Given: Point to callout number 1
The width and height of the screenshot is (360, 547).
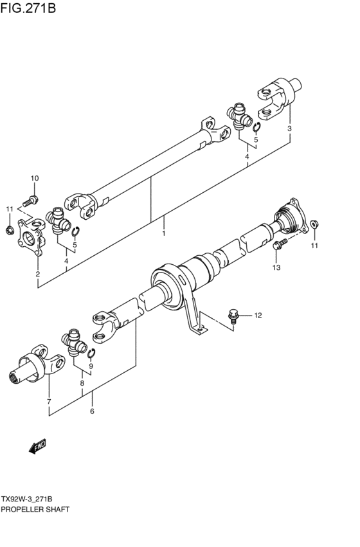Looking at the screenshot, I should (x=164, y=233).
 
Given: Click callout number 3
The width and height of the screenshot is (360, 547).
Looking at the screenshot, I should (x=290, y=129).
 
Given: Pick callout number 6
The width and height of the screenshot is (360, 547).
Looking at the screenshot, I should (x=92, y=411).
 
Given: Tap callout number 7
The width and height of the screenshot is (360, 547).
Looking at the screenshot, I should (x=48, y=402).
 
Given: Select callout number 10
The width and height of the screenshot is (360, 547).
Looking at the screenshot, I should (x=35, y=178).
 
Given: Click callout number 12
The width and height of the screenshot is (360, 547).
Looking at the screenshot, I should (x=258, y=315).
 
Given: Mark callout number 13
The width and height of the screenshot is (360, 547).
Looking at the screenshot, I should (x=276, y=267).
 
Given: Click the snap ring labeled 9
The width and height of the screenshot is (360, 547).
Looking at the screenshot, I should (x=92, y=352).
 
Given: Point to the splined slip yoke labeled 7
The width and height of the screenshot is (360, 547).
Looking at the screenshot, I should (x=39, y=366).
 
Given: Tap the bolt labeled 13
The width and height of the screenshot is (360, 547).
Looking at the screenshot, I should (x=280, y=244).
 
